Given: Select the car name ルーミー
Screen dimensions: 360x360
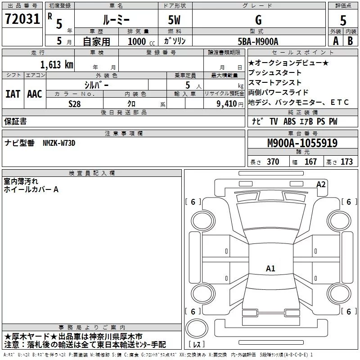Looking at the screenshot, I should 116,20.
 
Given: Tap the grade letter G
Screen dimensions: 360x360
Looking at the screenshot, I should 258,20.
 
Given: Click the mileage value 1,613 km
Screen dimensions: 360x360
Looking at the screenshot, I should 56,64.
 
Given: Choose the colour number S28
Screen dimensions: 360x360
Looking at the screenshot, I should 74,103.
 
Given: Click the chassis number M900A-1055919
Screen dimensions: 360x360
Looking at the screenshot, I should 302,143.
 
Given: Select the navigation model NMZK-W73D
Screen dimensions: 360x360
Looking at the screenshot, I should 59,143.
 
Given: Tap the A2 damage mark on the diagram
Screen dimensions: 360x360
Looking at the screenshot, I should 321,184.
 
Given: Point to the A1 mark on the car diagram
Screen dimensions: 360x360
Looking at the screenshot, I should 270,269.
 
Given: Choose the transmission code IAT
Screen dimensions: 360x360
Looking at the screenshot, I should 13,94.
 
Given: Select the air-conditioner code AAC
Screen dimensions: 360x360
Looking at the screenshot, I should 34,94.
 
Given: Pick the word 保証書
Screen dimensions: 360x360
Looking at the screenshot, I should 15,121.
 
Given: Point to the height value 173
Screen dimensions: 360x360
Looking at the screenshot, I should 346,162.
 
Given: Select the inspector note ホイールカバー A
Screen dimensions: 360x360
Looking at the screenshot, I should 31,190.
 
